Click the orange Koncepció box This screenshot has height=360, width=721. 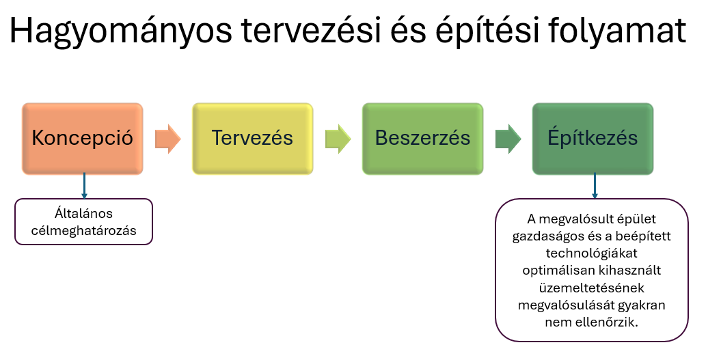point(83,139)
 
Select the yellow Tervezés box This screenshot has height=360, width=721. point(252,139)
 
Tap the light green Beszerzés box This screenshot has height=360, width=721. point(422,139)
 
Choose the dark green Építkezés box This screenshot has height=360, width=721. point(593,139)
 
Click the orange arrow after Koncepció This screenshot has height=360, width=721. point(168,139)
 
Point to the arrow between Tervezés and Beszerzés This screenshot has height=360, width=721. point(338,139)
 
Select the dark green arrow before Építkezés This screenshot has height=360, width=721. point(508,139)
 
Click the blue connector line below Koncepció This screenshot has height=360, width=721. point(84,186)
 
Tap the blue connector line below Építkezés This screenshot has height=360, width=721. point(595,186)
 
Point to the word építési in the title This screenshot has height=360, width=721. point(486,31)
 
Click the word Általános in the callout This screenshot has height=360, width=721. point(83,213)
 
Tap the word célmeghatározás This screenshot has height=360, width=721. point(83,230)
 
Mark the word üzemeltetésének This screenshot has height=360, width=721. point(592,288)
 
